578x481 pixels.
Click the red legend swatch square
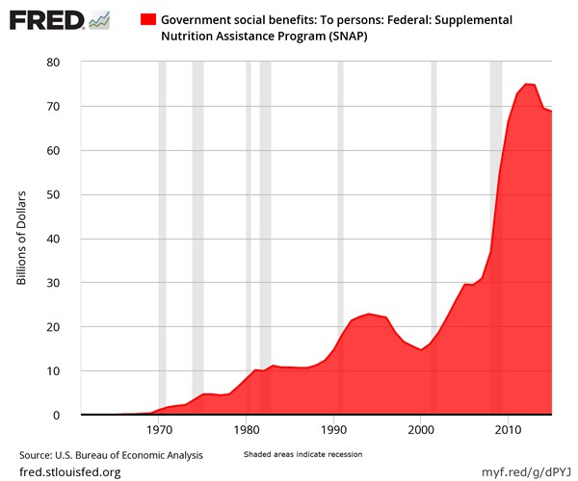click(148, 19)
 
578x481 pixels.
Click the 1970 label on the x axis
click(159, 430)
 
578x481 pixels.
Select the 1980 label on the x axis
click(247, 430)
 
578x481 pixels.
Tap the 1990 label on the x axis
click(334, 430)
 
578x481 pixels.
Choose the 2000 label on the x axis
click(422, 430)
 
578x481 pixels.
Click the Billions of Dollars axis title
click(22, 239)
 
